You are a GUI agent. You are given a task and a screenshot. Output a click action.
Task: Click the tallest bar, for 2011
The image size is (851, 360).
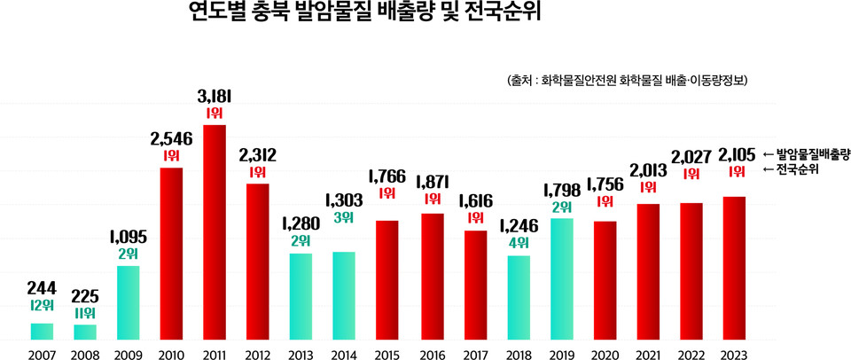point(215,232)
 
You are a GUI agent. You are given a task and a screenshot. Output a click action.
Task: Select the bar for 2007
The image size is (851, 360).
point(42,331)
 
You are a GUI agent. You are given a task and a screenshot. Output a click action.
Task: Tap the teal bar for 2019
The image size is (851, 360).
point(560,278)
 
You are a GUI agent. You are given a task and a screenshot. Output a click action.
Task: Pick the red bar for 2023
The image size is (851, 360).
point(733,268)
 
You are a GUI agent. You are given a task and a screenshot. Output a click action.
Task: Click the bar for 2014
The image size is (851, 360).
point(343,295)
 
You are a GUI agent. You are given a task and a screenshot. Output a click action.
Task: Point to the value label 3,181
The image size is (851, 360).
point(215,96)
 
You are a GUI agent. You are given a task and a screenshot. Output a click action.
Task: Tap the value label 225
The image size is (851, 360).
point(85,296)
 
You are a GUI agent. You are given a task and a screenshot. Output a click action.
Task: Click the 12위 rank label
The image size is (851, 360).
point(42,306)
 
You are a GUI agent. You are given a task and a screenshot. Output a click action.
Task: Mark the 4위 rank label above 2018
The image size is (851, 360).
point(518,241)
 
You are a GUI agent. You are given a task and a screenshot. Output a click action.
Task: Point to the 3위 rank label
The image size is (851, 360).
point(344,217)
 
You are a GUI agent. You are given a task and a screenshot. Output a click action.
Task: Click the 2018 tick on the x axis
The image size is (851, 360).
point(517,354)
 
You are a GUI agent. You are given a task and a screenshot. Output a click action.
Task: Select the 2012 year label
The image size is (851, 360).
point(257,354)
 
